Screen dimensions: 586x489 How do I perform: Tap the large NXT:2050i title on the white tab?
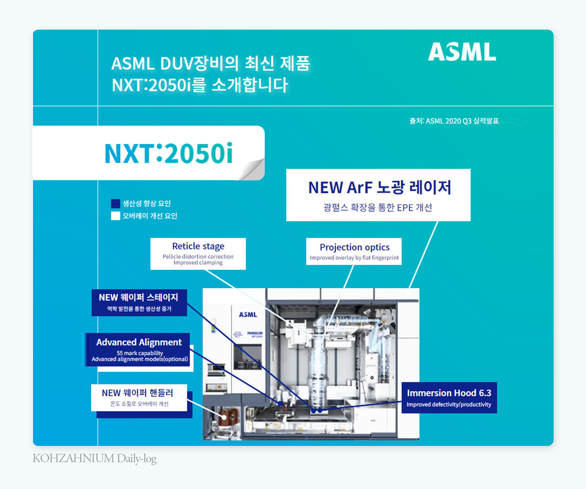tap(169, 153)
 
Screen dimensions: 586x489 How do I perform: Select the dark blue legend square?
tap(115, 203)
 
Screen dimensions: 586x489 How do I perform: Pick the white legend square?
tap(115, 216)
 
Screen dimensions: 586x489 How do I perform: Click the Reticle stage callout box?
tap(198, 253)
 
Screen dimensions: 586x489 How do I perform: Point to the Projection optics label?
tap(354, 247)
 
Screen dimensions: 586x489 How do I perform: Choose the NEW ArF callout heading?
tap(379, 187)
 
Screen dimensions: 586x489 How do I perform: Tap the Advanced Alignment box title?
tap(139, 342)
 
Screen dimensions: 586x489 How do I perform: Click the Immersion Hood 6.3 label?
tap(449, 393)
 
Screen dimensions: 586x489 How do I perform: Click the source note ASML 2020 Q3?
tap(454, 121)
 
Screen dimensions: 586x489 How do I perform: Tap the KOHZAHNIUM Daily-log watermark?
tap(95, 458)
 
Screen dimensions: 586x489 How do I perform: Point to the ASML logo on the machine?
tap(248, 314)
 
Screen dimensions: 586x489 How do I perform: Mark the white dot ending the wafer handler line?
tap(224, 417)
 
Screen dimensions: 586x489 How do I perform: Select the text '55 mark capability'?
tap(140, 353)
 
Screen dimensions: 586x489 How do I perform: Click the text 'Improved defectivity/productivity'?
tap(449, 404)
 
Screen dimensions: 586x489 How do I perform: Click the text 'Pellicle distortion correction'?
tap(198, 256)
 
